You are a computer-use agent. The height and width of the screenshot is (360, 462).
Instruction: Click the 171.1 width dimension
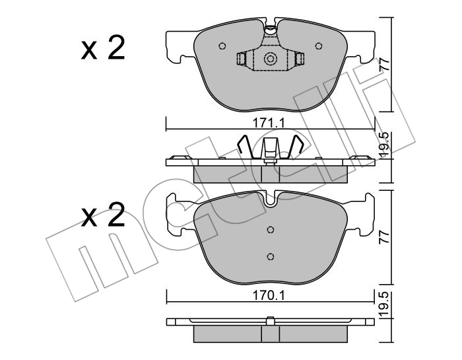click(269, 123)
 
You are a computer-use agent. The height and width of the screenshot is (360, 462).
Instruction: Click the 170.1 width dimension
click(269, 295)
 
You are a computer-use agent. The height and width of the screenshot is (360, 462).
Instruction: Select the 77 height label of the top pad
click(385, 63)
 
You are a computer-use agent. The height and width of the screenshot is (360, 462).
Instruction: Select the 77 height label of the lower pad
click(385, 236)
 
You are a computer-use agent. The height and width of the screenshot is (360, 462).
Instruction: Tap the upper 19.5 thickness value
click(384, 145)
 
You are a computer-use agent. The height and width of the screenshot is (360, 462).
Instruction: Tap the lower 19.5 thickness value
click(384, 305)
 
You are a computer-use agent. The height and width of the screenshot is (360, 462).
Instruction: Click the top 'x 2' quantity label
click(103, 48)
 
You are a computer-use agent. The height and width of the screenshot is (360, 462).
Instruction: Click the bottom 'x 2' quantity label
click(103, 215)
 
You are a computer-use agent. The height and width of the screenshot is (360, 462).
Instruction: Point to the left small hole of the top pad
click(222, 46)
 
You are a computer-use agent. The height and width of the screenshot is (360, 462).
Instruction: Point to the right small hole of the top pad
click(319, 46)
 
